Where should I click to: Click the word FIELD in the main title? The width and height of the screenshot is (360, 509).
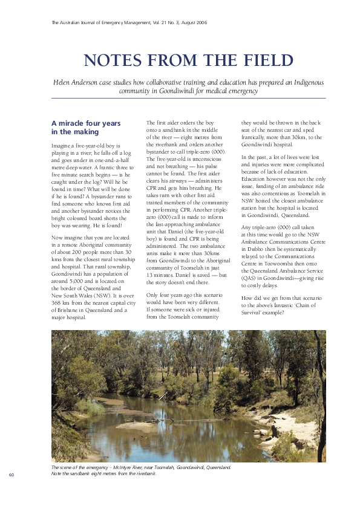click(264, 61)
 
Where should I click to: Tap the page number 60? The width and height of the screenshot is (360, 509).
click(11, 474)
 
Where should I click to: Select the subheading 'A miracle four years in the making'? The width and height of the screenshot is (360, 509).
click(86, 127)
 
